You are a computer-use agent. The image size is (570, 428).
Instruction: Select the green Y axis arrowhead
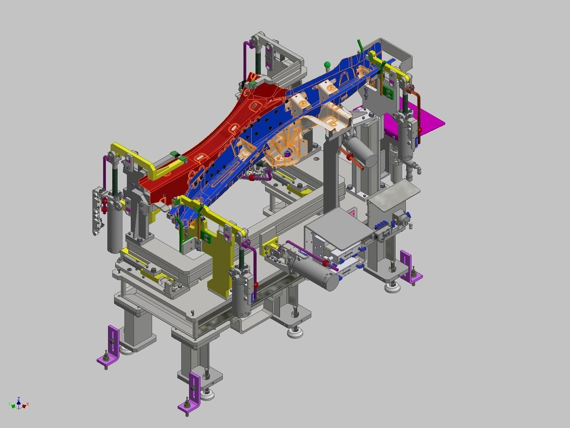12,405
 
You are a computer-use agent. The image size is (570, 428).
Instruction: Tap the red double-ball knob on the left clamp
104,205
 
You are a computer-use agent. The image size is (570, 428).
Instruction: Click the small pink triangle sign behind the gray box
352,213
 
